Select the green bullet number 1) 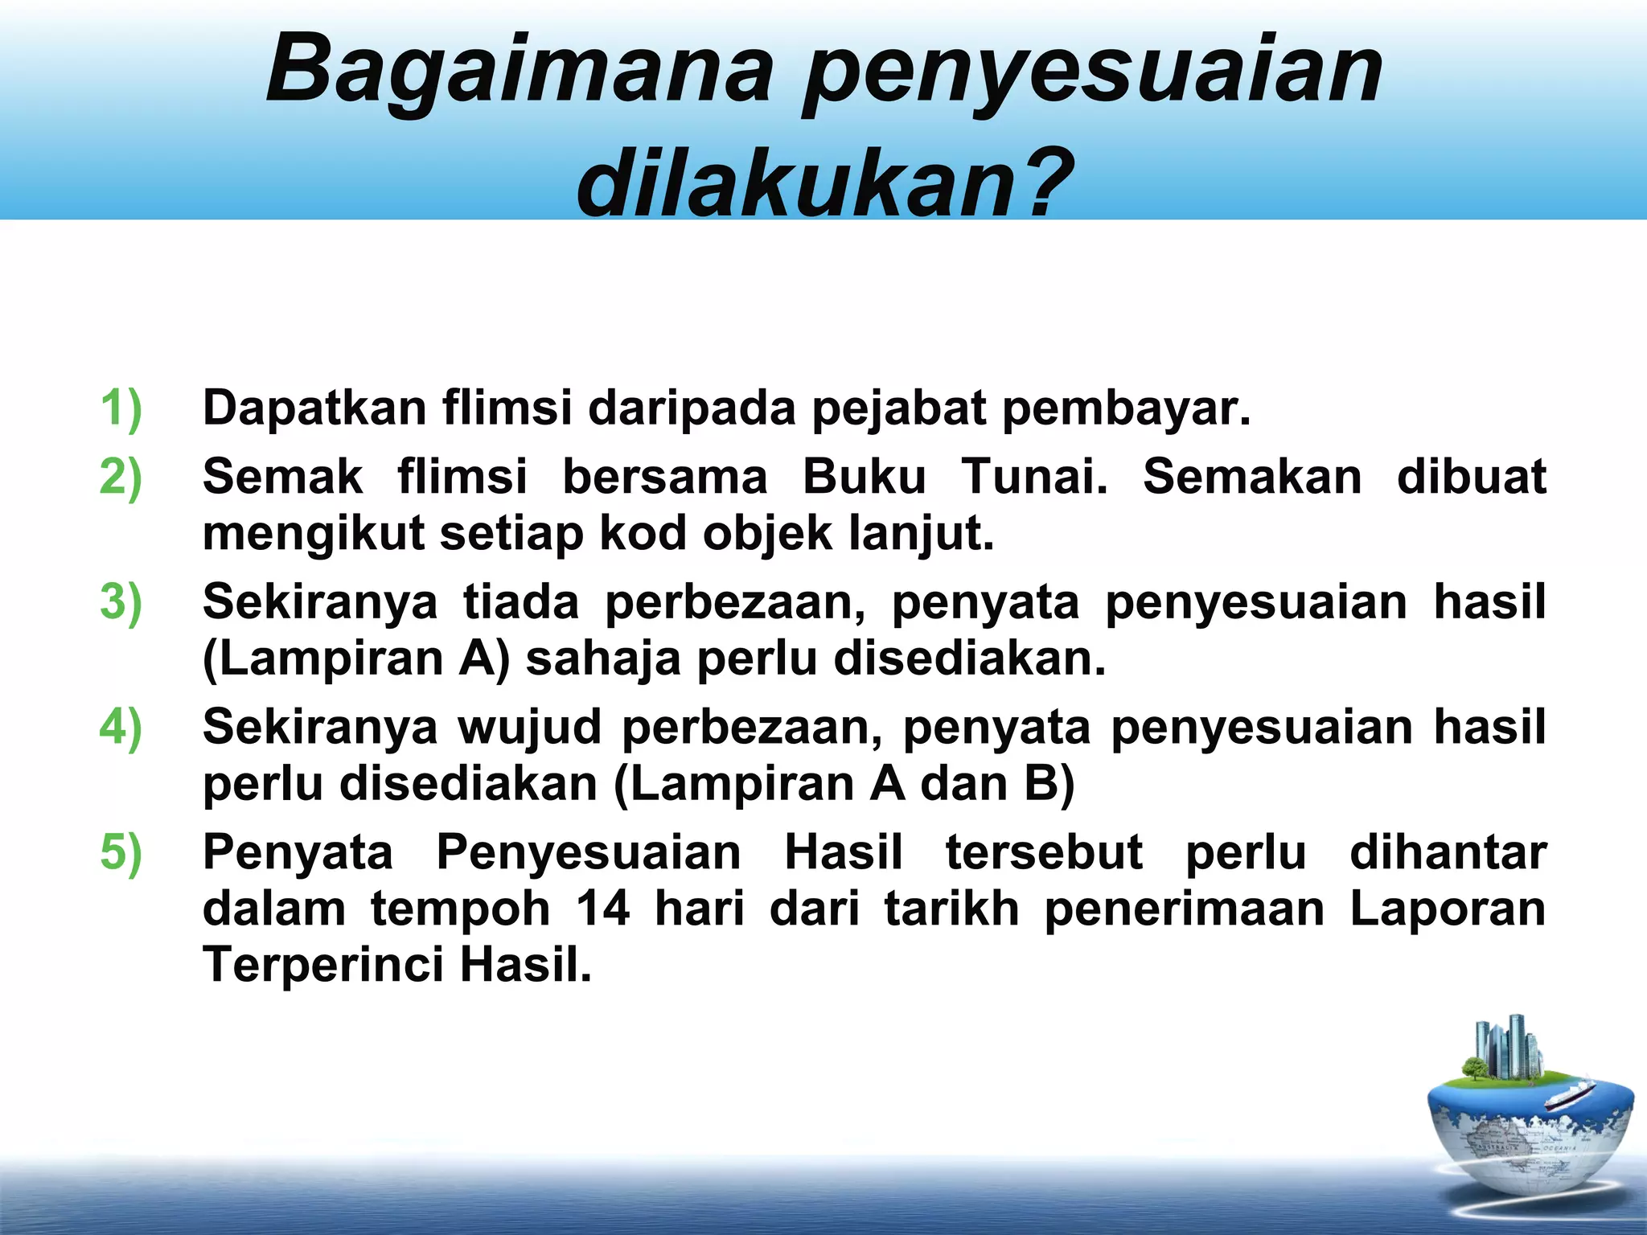tap(121, 408)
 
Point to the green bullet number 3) tap(121, 601)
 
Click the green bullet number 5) tap(121, 852)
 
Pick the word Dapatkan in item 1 tap(314, 408)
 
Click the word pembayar tap(1126, 408)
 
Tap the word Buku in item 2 tap(865, 476)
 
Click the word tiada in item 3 tap(520, 601)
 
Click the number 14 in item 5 tap(603, 909)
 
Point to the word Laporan tap(1448, 909)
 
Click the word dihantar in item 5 tap(1448, 852)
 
